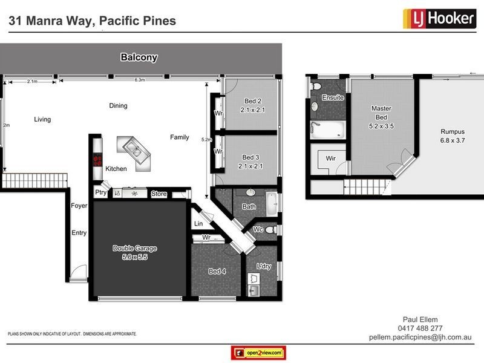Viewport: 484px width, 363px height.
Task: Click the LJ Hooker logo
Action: [439, 19]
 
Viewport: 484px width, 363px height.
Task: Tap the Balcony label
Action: [139, 58]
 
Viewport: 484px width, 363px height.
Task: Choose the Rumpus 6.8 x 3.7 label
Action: [452, 136]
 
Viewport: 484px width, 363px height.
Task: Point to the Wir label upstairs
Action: [331, 159]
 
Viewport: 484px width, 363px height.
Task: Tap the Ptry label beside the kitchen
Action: [100, 193]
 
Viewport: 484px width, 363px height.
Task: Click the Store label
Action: [159, 194]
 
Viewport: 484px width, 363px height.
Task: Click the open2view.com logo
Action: [258, 353]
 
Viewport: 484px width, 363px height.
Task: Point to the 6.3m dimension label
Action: [139, 80]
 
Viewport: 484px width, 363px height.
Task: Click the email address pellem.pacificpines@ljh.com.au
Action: [425, 338]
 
